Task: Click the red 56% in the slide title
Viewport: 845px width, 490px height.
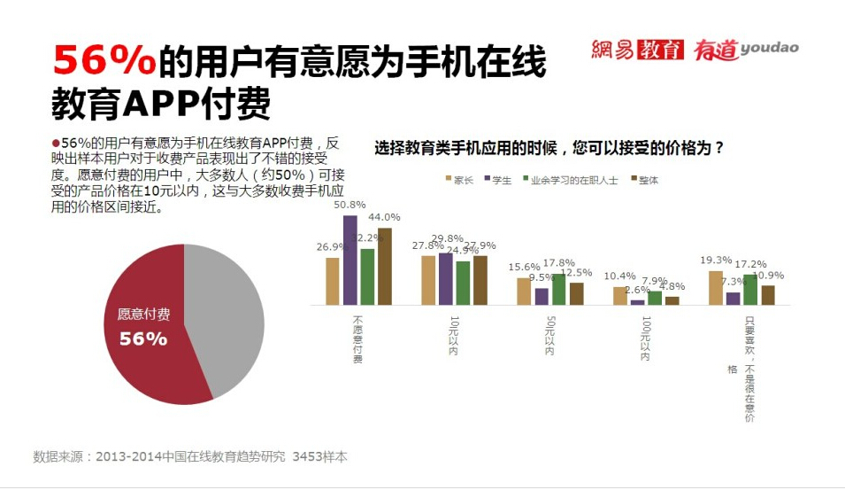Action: pyautogui.click(x=104, y=62)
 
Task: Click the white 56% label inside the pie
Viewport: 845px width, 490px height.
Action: pyautogui.click(x=143, y=338)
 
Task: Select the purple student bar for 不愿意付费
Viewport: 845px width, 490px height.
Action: pyautogui.click(x=350, y=261)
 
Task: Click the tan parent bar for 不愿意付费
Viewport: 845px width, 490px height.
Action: pyautogui.click(x=333, y=281)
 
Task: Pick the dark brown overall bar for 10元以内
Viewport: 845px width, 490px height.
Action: pyautogui.click(x=480, y=280)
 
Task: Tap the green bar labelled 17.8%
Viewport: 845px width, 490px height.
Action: pyautogui.click(x=559, y=289)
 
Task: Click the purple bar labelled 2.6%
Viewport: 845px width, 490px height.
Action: pyautogui.click(x=638, y=301)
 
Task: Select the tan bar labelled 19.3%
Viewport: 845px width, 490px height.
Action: pyautogui.click(x=716, y=287)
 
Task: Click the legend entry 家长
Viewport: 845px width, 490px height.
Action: pyautogui.click(x=459, y=180)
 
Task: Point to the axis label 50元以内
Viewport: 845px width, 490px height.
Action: pyautogui.click(x=549, y=335)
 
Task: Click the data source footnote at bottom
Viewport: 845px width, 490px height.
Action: pyautogui.click(x=190, y=457)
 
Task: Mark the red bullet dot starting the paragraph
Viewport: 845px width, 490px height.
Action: pyautogui.click(x=56, y=143)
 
